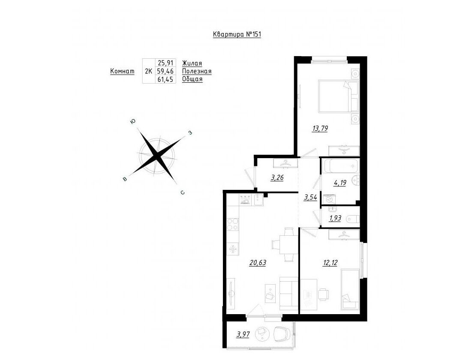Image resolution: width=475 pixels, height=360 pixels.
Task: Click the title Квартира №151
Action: point(237,35)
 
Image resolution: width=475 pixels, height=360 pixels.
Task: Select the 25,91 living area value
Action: point(165,63)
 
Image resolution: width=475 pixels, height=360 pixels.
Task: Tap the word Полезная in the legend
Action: point(197,72)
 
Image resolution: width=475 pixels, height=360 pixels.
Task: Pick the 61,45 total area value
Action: point(165,79)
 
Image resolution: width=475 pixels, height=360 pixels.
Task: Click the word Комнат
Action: point(122,72)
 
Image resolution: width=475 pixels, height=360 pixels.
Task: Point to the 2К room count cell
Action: point(148,72)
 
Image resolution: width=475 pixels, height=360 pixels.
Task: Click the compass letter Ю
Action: point(132,122)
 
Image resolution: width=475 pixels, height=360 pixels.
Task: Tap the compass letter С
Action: point(182,192)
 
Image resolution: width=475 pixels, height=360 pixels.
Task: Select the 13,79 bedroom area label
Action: point(320,129)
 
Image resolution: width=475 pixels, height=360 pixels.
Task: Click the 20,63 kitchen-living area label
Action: point(258,263)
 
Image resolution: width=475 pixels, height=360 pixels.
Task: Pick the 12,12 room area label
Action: point(330,263)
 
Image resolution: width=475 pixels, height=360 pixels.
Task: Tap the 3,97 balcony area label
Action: point(243,335)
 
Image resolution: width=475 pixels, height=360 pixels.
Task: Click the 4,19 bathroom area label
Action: point(340,183)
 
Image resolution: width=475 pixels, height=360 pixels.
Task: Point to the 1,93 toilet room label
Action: point(335,218)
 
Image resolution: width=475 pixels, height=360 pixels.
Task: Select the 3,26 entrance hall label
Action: point(277,177)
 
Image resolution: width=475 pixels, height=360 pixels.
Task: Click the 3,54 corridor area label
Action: point(310,198)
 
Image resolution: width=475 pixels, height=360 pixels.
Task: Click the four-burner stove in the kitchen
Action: point(233,224)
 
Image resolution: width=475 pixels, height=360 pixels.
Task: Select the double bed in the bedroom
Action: point(338,96)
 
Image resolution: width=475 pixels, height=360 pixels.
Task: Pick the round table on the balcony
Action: point(262,334)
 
